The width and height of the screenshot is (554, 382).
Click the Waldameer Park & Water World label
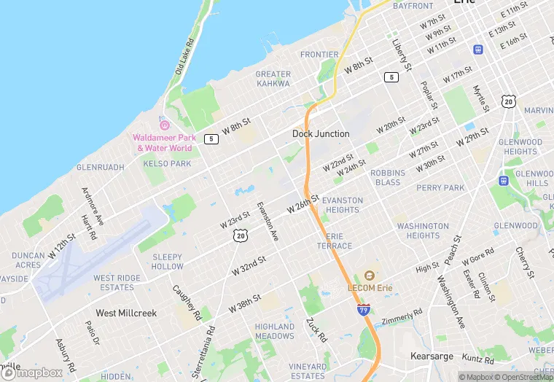[164, 142]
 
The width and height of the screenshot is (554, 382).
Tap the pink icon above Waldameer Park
[164, 125]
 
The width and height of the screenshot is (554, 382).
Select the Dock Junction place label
[321, 133]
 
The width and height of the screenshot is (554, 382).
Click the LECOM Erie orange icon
[370, 276]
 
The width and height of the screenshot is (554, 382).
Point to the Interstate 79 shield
[363, 310]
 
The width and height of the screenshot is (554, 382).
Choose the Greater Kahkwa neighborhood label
[273, 79]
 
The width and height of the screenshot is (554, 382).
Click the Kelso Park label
[167, 164]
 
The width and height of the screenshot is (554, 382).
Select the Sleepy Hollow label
[168, 262]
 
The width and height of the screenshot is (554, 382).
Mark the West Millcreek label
[126, 313]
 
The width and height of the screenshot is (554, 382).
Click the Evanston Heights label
[342, 205]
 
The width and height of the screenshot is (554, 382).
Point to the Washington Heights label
[423, 230]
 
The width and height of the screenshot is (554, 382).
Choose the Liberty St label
[402, 55]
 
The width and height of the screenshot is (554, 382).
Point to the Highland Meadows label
[275, 331]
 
